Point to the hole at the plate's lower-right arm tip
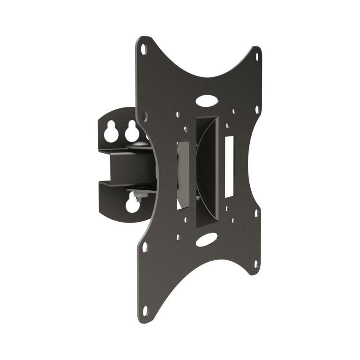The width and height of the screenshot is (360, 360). coord(256,264)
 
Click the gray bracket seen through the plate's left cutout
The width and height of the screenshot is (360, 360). coord(183,173)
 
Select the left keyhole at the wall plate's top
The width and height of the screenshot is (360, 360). coord(111,133)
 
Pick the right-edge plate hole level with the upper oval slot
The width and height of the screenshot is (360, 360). coord(257,109)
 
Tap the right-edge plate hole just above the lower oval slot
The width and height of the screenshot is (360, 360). coord(257,214)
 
